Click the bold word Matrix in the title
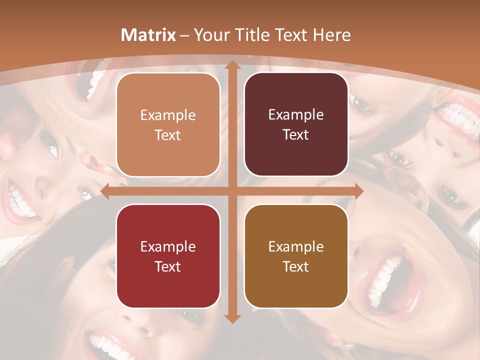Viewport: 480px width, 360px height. [x=148, y=35]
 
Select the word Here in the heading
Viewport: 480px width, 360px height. [x=331, y=35]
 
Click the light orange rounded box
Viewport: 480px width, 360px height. [x=168, y=124]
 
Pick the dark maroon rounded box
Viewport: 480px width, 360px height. [x=296, y=124]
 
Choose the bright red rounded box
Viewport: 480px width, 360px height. [x=168, y=256]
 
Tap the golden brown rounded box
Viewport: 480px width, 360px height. [x=296, y=256]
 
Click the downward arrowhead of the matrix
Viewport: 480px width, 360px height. [x=232, y=318]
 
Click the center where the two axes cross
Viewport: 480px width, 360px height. [x=232, y=191]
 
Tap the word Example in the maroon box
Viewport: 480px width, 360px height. [x=296, y=115]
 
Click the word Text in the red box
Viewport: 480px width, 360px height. [x=168, y=266]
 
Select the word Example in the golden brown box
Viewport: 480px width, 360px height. [x=296, y=246]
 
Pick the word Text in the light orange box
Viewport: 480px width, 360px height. [x=168, y=135]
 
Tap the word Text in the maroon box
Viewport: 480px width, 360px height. [x=296, y=135]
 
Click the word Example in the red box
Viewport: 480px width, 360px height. [x=168, y=246]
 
